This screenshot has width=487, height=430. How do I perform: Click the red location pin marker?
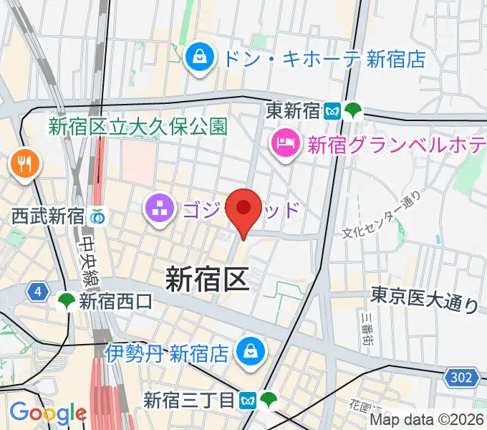(243, 209)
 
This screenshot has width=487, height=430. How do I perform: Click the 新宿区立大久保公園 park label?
(138, 127)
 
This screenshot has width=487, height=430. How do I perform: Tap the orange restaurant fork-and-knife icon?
(26, 164)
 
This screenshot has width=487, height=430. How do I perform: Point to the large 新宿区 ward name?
(208, 278)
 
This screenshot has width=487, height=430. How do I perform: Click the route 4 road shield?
(37, 292)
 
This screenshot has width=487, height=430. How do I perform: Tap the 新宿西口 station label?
(115, 302)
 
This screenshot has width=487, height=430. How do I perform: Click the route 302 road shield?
(463, 377)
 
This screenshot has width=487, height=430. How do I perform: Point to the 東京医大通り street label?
(424, 300)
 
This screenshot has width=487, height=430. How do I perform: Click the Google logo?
(48, 412)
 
